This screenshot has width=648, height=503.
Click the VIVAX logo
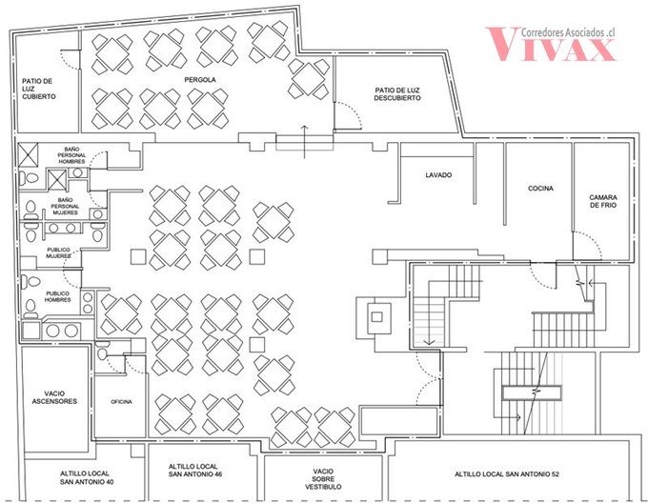tap(551, 44)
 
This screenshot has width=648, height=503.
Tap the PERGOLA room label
tap(200, 80)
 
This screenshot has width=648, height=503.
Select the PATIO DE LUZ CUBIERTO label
tap(38, 89)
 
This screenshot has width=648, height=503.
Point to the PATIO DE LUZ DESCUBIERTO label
tap(397, 94)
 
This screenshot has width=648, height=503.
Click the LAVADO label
tap(438, 175)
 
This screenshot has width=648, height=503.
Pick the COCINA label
tap(540, 189)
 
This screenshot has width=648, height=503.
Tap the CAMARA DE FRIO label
tap(603, 201)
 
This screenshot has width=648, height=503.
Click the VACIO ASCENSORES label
tap(54, 397)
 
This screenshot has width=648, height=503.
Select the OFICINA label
tap(122, 402)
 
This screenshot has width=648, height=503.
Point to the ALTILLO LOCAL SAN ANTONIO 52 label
tap(507, 474)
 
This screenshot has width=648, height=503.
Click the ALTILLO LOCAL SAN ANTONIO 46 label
tap(195, 471)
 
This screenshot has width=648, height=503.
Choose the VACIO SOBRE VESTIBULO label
tap(323, 479)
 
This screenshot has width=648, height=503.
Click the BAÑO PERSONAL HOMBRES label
tap(71, 155)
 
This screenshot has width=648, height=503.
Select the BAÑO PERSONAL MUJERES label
tap(65, 206)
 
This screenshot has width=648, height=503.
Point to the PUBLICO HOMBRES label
tap(57, 296)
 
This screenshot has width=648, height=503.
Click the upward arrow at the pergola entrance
tap(305, 142)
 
